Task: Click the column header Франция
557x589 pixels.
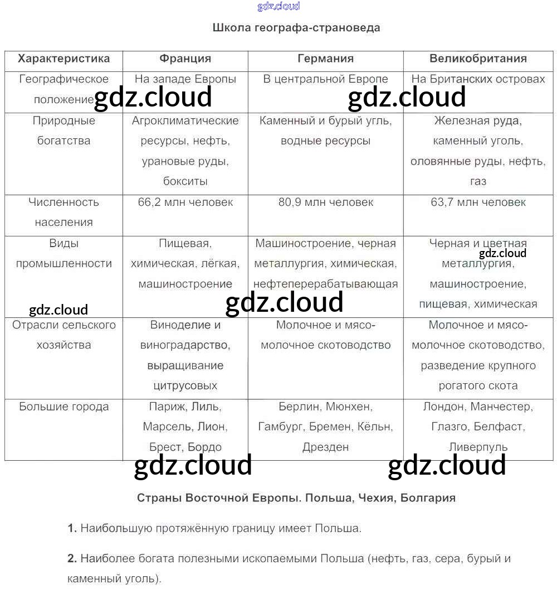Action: [185, 59]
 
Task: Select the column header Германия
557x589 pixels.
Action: [325, 59]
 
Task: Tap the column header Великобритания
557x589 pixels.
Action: [478, 59]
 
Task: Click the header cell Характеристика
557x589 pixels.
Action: [63, 59]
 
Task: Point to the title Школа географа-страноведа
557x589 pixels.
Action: [296, 27]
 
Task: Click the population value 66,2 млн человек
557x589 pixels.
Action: [185, 202]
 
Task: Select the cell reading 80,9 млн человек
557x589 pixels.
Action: [325, 202]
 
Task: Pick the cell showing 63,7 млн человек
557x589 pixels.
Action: [478, 202]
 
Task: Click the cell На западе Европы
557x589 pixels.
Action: [185, 79]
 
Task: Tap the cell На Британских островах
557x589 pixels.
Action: [478, 79]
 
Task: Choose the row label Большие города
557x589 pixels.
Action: [63, 407]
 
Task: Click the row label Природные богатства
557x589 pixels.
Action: [63, 131]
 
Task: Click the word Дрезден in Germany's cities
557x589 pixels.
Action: [325, 447]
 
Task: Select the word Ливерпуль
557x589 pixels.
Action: [478, 447]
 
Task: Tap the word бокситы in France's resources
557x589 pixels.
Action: [185, 181]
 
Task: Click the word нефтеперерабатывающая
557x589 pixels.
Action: [325, 284]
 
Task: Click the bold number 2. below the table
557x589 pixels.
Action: [72, 558]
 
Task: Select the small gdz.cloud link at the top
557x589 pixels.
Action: [278, 6]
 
